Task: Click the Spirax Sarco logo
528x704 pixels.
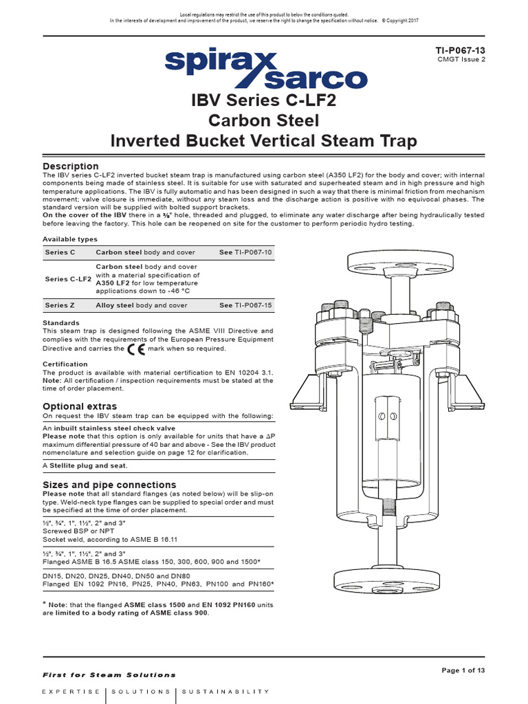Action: click(264, 69)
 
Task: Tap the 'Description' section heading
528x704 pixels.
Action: click(71, 166)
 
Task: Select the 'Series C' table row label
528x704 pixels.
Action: click(60, 253)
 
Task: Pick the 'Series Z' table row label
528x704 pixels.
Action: click(60, 305)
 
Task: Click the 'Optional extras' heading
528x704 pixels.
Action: click(80, 406)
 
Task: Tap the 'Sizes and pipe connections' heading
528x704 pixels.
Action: click(109, 485)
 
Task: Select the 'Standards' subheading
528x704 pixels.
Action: click(61, 322)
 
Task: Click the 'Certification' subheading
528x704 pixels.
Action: click(65, 364)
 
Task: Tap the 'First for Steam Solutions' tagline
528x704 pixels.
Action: click(109, 675)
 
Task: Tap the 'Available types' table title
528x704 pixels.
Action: click(70, 239)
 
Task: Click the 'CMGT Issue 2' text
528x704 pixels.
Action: click(461, 60)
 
